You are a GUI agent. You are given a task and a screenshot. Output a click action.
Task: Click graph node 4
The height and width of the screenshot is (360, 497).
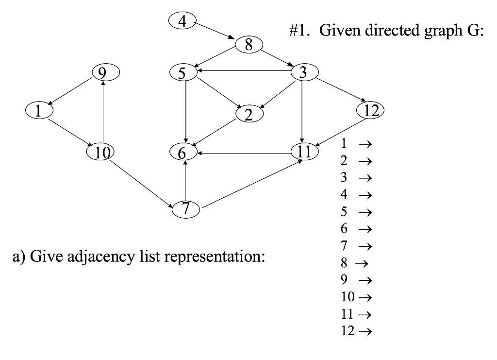[x=182, y=21]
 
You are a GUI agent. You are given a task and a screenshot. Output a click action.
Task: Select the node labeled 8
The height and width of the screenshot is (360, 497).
[x=248, y=45]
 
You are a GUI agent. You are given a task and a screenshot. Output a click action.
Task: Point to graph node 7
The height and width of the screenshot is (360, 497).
[x=185, y=208]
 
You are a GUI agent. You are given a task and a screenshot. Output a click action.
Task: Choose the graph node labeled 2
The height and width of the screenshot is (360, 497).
[x=248, y=114]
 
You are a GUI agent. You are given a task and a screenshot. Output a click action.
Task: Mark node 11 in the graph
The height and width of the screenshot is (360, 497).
[x=304, y=152]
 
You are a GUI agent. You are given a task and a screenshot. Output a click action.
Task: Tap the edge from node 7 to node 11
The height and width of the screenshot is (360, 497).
[x=252, y=185]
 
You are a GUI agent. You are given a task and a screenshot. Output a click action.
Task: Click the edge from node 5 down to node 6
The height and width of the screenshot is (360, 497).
[x=185, y=112]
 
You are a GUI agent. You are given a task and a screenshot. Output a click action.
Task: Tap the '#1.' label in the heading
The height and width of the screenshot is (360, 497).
[x=298, y=32]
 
